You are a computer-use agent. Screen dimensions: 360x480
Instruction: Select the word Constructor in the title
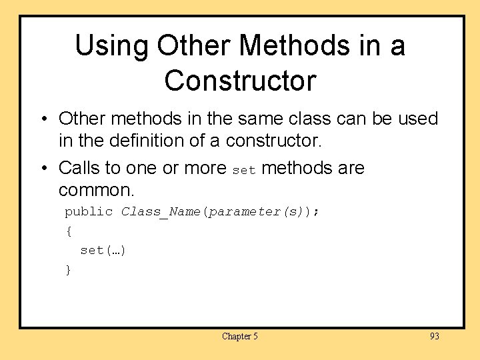[240, 81]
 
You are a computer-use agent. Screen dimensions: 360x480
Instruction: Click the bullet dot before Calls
[43, 168]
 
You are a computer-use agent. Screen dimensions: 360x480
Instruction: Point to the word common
[97, 190]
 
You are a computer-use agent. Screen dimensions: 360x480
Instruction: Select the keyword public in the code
[89, 212]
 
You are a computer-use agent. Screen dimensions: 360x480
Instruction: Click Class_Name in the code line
[162, 212]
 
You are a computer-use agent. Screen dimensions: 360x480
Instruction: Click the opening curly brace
[68, 231]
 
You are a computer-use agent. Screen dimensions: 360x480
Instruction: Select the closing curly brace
[68, 269]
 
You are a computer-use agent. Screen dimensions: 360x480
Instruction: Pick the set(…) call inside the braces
[103, 251]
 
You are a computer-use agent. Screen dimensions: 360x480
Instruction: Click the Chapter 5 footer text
[240, 337]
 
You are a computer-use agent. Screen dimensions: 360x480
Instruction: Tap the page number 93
[434, 337]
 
